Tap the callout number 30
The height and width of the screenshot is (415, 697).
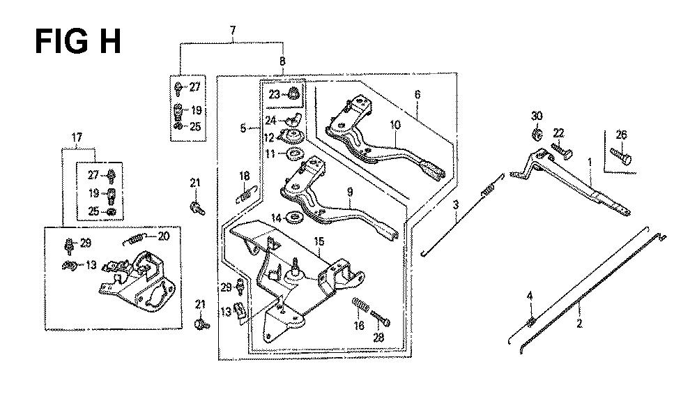click(x=537, y=116)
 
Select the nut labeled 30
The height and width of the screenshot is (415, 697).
click(x=537, y=134)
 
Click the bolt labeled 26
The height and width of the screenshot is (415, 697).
click(x=621, y=156)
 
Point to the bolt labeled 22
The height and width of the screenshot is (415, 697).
click(x=562, y=150)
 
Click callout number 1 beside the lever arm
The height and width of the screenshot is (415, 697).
click(x=590, y=163)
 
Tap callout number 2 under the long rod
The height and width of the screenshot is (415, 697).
click(x=579, y=324)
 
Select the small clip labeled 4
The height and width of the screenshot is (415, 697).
click(x=530, y=321)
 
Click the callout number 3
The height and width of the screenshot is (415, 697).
click(x=456, y=205)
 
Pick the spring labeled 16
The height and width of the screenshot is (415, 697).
click(x=361, y=305)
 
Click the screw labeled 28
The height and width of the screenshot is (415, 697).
click(x=381, y=317)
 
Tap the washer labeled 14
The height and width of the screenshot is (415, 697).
click(x=294, y=218)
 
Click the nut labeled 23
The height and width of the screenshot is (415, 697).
click(x=293, y=94)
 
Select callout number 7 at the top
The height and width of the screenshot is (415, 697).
click(x=233, y=30)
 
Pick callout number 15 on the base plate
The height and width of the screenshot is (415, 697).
click(x=319, y=241)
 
